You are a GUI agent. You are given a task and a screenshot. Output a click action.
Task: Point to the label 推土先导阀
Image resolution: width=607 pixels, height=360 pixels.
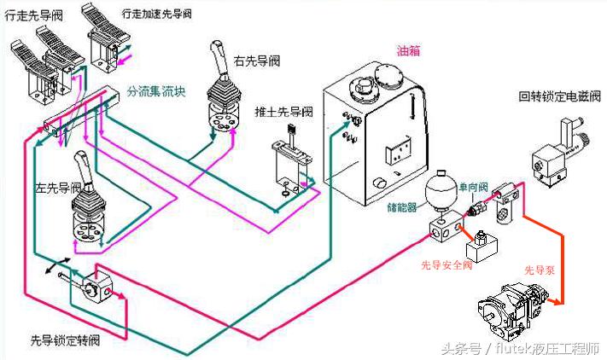click(x=284, y=113)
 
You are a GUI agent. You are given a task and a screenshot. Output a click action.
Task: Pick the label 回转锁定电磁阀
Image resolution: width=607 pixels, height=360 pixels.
click(x=558, y=96)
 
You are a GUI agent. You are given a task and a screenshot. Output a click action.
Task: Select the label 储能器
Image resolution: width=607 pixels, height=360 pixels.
click(x=400, y=205)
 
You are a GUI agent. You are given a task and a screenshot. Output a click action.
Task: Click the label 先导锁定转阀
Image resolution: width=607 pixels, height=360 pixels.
click(x=66, y=340)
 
